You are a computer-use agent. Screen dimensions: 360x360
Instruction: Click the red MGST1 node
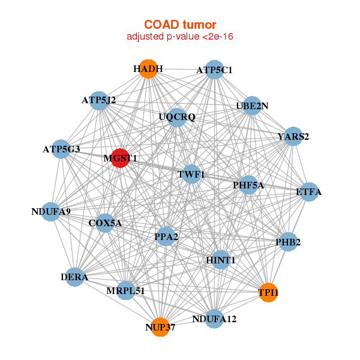coord(120,158)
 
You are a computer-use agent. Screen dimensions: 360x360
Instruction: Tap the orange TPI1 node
coord(268,292)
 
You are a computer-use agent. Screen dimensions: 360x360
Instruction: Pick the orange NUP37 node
coord(160,327)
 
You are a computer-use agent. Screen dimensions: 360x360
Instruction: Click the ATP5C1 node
coord(214,70)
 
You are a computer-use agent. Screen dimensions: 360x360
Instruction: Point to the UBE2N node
coord(252,106)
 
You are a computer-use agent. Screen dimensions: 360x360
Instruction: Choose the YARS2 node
coord(293,136)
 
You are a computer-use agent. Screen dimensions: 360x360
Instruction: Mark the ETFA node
coord(308,192)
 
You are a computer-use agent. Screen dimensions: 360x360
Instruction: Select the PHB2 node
coord(288,242)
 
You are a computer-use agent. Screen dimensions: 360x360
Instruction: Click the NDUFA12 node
coord(214,318)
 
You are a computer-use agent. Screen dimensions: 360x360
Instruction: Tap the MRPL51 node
coord(127,290)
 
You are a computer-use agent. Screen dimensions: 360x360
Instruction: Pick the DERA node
coord(74,277)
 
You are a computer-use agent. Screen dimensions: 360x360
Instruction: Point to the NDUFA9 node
coord(52,211)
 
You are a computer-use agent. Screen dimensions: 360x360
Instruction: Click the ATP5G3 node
coord(61,148)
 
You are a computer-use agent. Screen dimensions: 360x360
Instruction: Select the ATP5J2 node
coord(99,100)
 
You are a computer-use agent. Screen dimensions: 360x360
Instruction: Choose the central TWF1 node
coord(191,174)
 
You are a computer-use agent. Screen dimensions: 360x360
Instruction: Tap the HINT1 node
coord(221,260)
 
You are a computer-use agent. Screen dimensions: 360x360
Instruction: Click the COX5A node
coord(105,223)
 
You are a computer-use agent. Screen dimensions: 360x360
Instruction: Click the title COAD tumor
coord(179,25)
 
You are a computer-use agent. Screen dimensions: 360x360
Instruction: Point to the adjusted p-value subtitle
coord(179,37)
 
